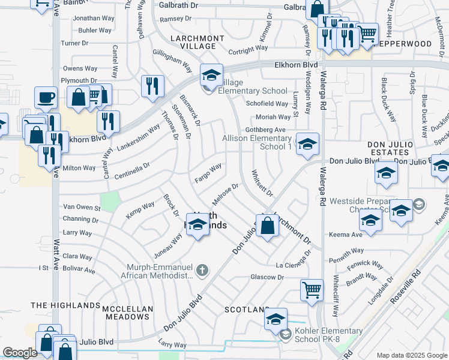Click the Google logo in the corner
pyautogui.click(x=20, y=353)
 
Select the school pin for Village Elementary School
pyautogui.click(x=211, y=76)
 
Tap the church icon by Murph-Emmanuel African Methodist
pyautogui.click(x=202, y=271)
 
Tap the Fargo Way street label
pyautogui.click(x=208, y=173)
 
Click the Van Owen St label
pyautogui.click(x=82, y=207)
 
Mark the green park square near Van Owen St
pyautogui.click(x=110, y=201)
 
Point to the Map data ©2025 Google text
pyautogui.click(x=411, y=355)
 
